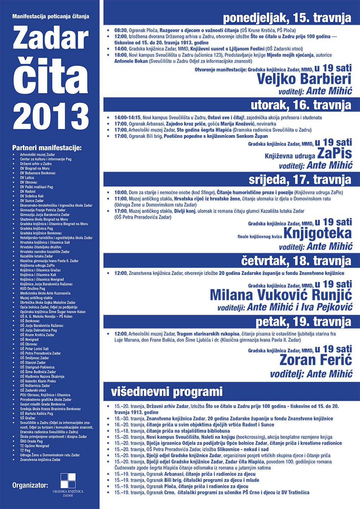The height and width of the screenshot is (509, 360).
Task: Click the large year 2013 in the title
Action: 51,116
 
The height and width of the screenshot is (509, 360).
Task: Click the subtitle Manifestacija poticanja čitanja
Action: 51,16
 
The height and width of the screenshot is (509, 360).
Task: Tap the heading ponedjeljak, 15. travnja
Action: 287,18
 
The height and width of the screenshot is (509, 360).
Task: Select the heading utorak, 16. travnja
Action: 301,105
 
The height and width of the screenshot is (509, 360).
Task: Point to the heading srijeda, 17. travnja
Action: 299,180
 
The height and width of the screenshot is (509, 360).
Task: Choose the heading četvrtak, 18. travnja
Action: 296,261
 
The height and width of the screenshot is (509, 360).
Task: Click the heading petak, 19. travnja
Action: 303,322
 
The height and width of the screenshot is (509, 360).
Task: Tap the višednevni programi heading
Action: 167,392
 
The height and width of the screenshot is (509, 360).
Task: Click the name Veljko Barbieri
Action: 304,79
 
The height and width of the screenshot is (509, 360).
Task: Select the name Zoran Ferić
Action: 316,360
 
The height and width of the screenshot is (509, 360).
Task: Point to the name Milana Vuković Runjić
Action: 281,295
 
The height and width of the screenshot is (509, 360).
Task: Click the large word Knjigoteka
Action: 317,233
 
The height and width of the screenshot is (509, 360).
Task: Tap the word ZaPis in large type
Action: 334,154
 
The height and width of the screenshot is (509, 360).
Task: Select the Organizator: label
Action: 30,485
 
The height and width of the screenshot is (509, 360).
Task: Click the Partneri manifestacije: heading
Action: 47,148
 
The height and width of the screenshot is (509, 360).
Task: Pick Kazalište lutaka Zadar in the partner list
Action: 37,256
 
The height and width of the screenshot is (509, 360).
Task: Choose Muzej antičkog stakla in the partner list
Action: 36,298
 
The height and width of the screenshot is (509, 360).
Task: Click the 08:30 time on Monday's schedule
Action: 121,30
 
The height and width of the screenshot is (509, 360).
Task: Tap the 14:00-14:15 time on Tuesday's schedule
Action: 128,118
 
